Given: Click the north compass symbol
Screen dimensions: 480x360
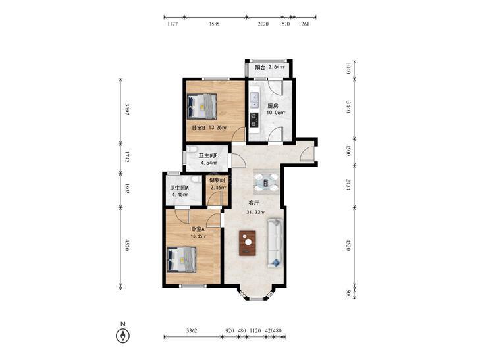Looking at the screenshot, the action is point(122,336).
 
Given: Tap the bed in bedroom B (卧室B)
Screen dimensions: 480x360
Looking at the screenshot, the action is point(201,107).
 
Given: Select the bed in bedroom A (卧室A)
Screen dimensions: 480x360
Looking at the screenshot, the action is point(181,259).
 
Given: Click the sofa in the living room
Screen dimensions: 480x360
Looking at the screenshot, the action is point(275,243).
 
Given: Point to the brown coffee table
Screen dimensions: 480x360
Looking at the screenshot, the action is point(248,243).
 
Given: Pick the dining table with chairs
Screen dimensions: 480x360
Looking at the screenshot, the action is point(266,182).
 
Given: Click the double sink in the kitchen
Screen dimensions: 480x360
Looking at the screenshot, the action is point(254,101).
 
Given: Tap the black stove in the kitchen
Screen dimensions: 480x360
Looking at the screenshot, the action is point(254,120).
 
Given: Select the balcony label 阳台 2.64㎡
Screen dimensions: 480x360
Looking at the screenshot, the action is point(270,68).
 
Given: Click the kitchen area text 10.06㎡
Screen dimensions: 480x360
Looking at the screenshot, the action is point(275,113).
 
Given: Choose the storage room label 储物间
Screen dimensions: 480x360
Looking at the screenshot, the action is point(217,180).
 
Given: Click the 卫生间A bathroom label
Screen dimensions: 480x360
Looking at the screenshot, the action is point(179,188).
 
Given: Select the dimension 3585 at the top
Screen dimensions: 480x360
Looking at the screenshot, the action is point(214,24).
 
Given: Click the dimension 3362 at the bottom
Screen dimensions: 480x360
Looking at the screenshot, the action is point(192,330).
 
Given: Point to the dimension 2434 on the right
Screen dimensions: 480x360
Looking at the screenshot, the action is point(348,185).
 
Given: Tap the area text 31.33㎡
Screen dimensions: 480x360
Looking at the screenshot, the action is point(255,212).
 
